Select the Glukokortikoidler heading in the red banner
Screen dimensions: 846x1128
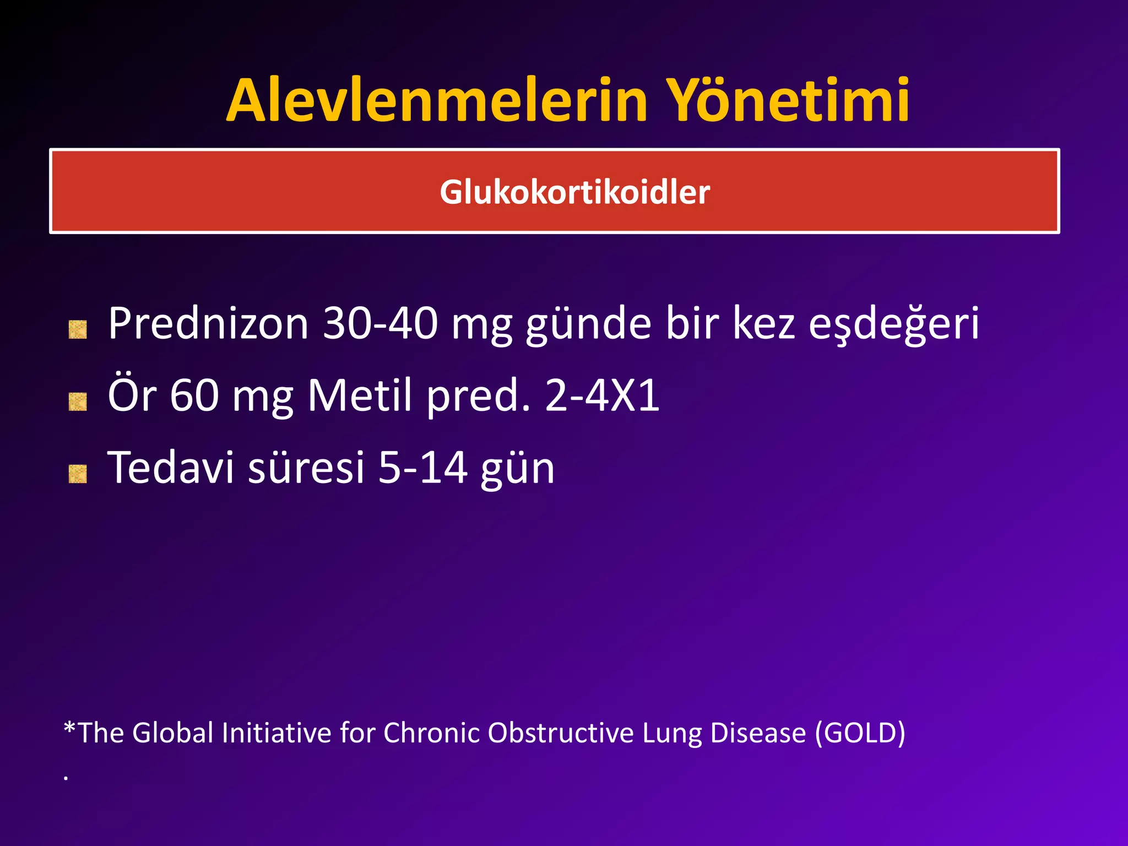click(574, 192)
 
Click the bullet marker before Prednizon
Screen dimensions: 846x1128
click(78, 329)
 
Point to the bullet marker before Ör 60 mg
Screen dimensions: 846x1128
click(78, 402)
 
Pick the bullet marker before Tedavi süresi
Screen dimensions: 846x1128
click(78, 474)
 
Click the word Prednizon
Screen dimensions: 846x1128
click(208, 324)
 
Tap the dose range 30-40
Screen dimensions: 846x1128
click(381, 324)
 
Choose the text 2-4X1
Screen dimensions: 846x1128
click(602, 395)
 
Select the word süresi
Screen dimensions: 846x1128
click(306, 468)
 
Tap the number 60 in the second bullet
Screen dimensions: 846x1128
click(194, 395)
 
